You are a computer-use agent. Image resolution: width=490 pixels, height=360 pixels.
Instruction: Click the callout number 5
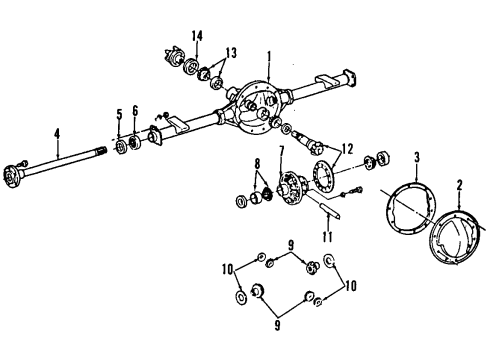point(118,115)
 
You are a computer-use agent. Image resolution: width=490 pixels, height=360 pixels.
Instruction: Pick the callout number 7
point(281,152)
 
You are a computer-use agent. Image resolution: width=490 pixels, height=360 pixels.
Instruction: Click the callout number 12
point(348,146)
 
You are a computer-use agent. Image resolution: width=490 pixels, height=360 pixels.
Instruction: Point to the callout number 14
point(198,36)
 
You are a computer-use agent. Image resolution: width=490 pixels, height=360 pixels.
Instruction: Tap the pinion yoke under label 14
point(185,62)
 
